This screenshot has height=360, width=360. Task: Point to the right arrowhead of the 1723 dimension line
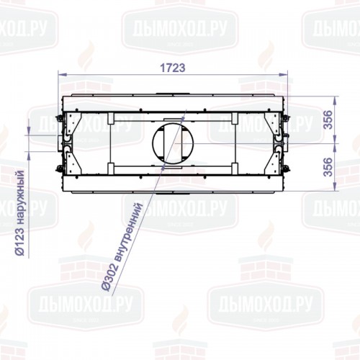tap(287, 74)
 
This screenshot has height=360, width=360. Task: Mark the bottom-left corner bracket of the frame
tap(71, 161)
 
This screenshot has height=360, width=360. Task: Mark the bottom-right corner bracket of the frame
tap(275, 161)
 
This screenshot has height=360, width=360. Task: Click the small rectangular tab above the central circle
tap(173, 119)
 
